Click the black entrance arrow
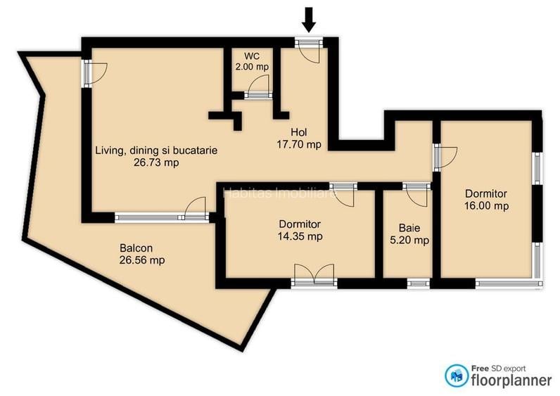[309, 20]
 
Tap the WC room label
[252, 56]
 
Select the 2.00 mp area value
[252, 67]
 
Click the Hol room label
[299, 132]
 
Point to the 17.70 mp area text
[299, 144]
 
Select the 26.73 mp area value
[156, 162]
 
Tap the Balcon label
[136, 248]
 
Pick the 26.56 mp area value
[142, 260]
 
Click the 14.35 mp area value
[300, 236]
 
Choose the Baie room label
[409, 228]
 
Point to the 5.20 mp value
[409, 241]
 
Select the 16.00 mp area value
[486, 206]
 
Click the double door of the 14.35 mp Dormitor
[314, 275]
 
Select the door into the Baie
[416, 195]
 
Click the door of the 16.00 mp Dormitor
[445, 158]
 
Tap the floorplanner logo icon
[457, 376]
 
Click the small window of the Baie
[419, 283]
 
